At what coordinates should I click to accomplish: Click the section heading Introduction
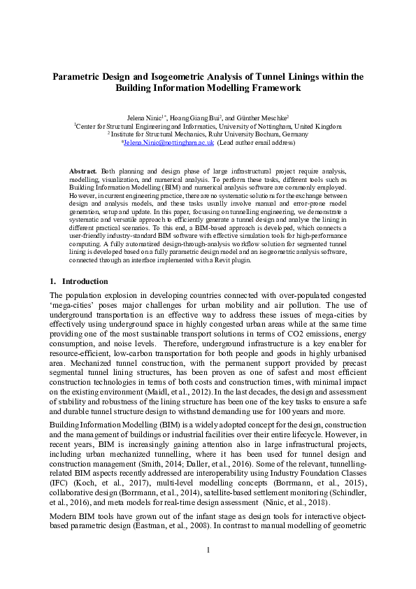(85, 281)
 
